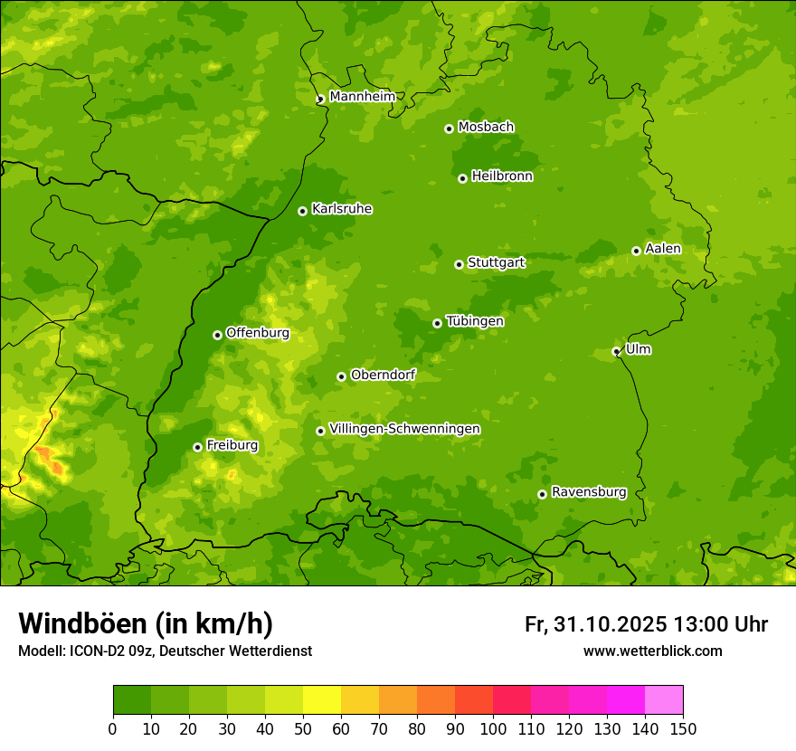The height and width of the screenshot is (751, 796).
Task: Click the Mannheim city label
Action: [362, 96]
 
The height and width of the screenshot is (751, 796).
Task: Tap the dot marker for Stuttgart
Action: [459, 264]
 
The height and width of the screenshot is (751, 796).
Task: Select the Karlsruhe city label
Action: [341, 209]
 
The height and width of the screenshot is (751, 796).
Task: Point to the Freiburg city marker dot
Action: [197, 447]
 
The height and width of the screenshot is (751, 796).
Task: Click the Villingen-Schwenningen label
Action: [404, 429]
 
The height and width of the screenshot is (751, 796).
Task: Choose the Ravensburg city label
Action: [588, 492]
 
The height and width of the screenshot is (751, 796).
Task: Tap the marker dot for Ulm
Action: [616, 351]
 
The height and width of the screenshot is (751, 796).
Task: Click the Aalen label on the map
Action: [663, 249]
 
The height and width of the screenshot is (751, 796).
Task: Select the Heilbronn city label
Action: [502, 176]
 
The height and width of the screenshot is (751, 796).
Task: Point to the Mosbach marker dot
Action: [449, 128]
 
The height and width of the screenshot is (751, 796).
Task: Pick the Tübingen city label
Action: [474, 321]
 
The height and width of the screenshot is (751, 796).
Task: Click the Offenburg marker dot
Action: [217, 335]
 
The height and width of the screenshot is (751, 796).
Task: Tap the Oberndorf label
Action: [383, 375]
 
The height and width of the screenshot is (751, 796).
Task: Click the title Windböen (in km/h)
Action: [145, 623]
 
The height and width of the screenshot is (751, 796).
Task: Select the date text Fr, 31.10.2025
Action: [595, 624]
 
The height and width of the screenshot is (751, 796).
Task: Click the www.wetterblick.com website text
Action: [652, 651]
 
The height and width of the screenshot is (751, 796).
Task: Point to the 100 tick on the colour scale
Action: [493, 729]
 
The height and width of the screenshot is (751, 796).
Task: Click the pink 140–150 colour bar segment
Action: [664, 700]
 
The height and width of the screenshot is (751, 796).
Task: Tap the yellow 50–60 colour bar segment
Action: [322, 700]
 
